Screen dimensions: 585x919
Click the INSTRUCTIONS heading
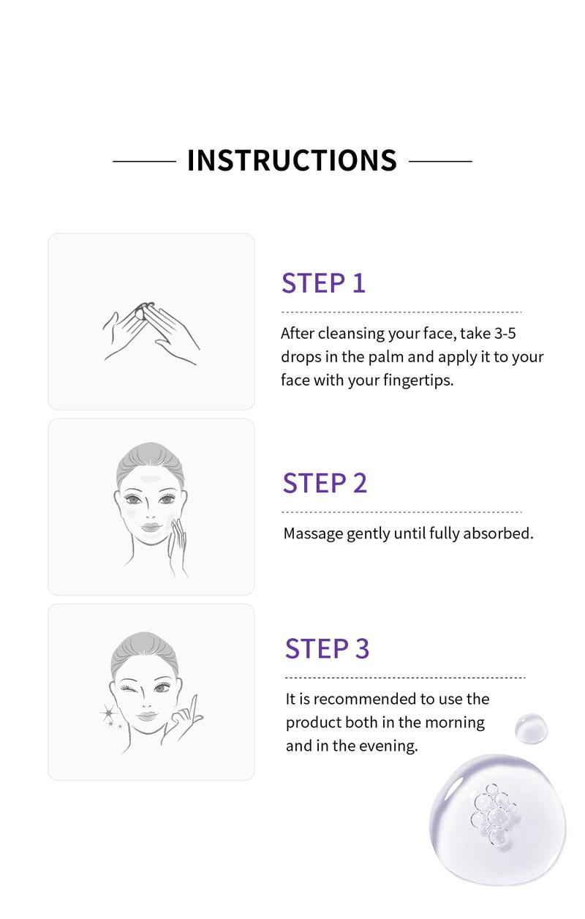click(292, 160)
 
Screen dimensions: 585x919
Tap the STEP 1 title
click(323, 283)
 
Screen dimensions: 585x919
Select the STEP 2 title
click(325, 483)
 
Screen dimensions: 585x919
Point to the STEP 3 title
click(327, 648)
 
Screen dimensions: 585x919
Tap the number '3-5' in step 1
click(505, 333)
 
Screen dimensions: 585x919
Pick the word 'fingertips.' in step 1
click(418, 380)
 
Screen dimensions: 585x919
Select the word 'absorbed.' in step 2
click(498, 533)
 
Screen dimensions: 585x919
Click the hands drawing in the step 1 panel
click(151, 334)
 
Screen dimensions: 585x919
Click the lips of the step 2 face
click(151, 528)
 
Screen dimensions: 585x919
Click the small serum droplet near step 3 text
click(532, 728)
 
